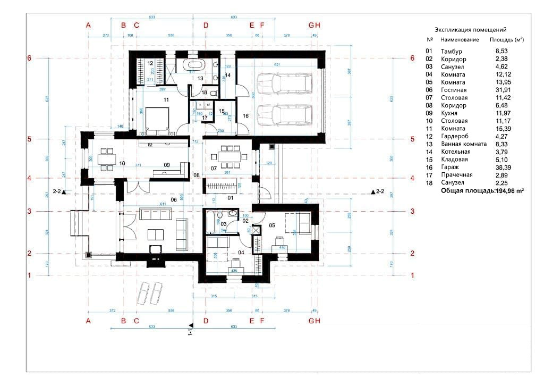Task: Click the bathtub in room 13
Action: point(192,65)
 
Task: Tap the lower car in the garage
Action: point(276,113)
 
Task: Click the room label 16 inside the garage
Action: point(245,115)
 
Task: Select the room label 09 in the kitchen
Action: point(167,165)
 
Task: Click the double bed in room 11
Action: point(158,118)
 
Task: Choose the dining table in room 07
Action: point(228,156)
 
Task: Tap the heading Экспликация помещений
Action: point(470,30)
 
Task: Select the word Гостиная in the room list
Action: point(453,90)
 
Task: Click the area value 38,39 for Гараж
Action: point(504,167)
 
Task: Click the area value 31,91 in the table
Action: point(504,90)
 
